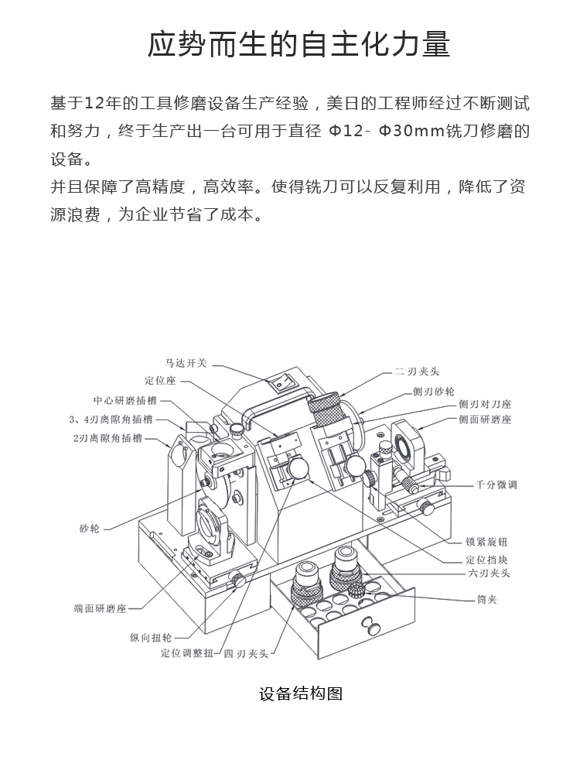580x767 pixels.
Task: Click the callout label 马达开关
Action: point(186,362)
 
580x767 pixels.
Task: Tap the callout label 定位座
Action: point(160,381)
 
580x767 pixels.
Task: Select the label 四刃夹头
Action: point(246,654)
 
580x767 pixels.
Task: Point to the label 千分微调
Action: point(496,485)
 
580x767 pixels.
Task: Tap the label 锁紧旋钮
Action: point(486,542)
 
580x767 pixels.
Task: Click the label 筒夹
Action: point(486,600)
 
